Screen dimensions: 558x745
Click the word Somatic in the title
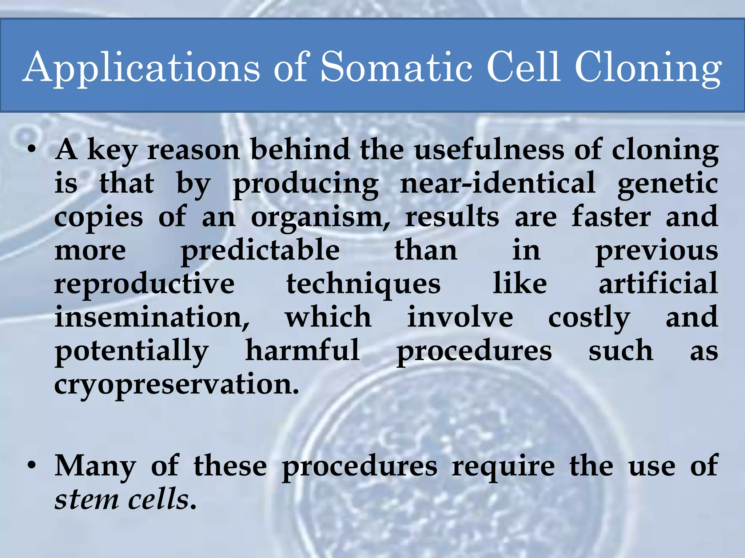click(x=397, y=67)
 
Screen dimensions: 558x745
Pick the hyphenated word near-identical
click(x=497, y=183)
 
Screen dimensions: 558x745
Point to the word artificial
click(x=658, y=284)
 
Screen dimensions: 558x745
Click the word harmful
click(x=303, y=351)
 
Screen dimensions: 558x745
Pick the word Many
click(x=95, y=467)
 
